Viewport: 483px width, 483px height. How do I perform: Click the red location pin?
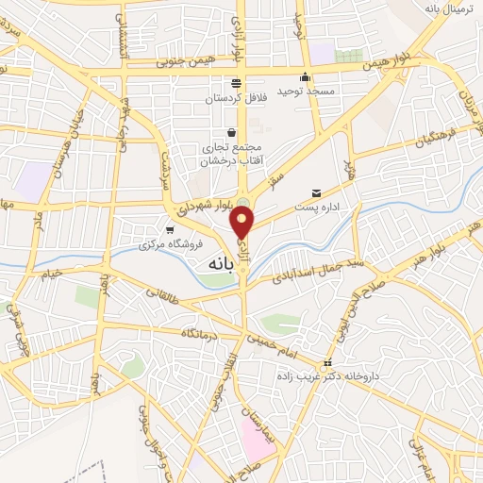(x=242, y=223)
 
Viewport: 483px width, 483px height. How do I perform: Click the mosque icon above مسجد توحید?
(x=304, y=78)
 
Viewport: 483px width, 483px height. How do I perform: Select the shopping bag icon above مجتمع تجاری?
(x=231, y=133)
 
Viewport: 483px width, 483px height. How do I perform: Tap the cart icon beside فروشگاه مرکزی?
(x=170, y=229)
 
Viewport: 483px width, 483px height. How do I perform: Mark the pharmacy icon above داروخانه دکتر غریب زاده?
(x=327, y=363)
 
